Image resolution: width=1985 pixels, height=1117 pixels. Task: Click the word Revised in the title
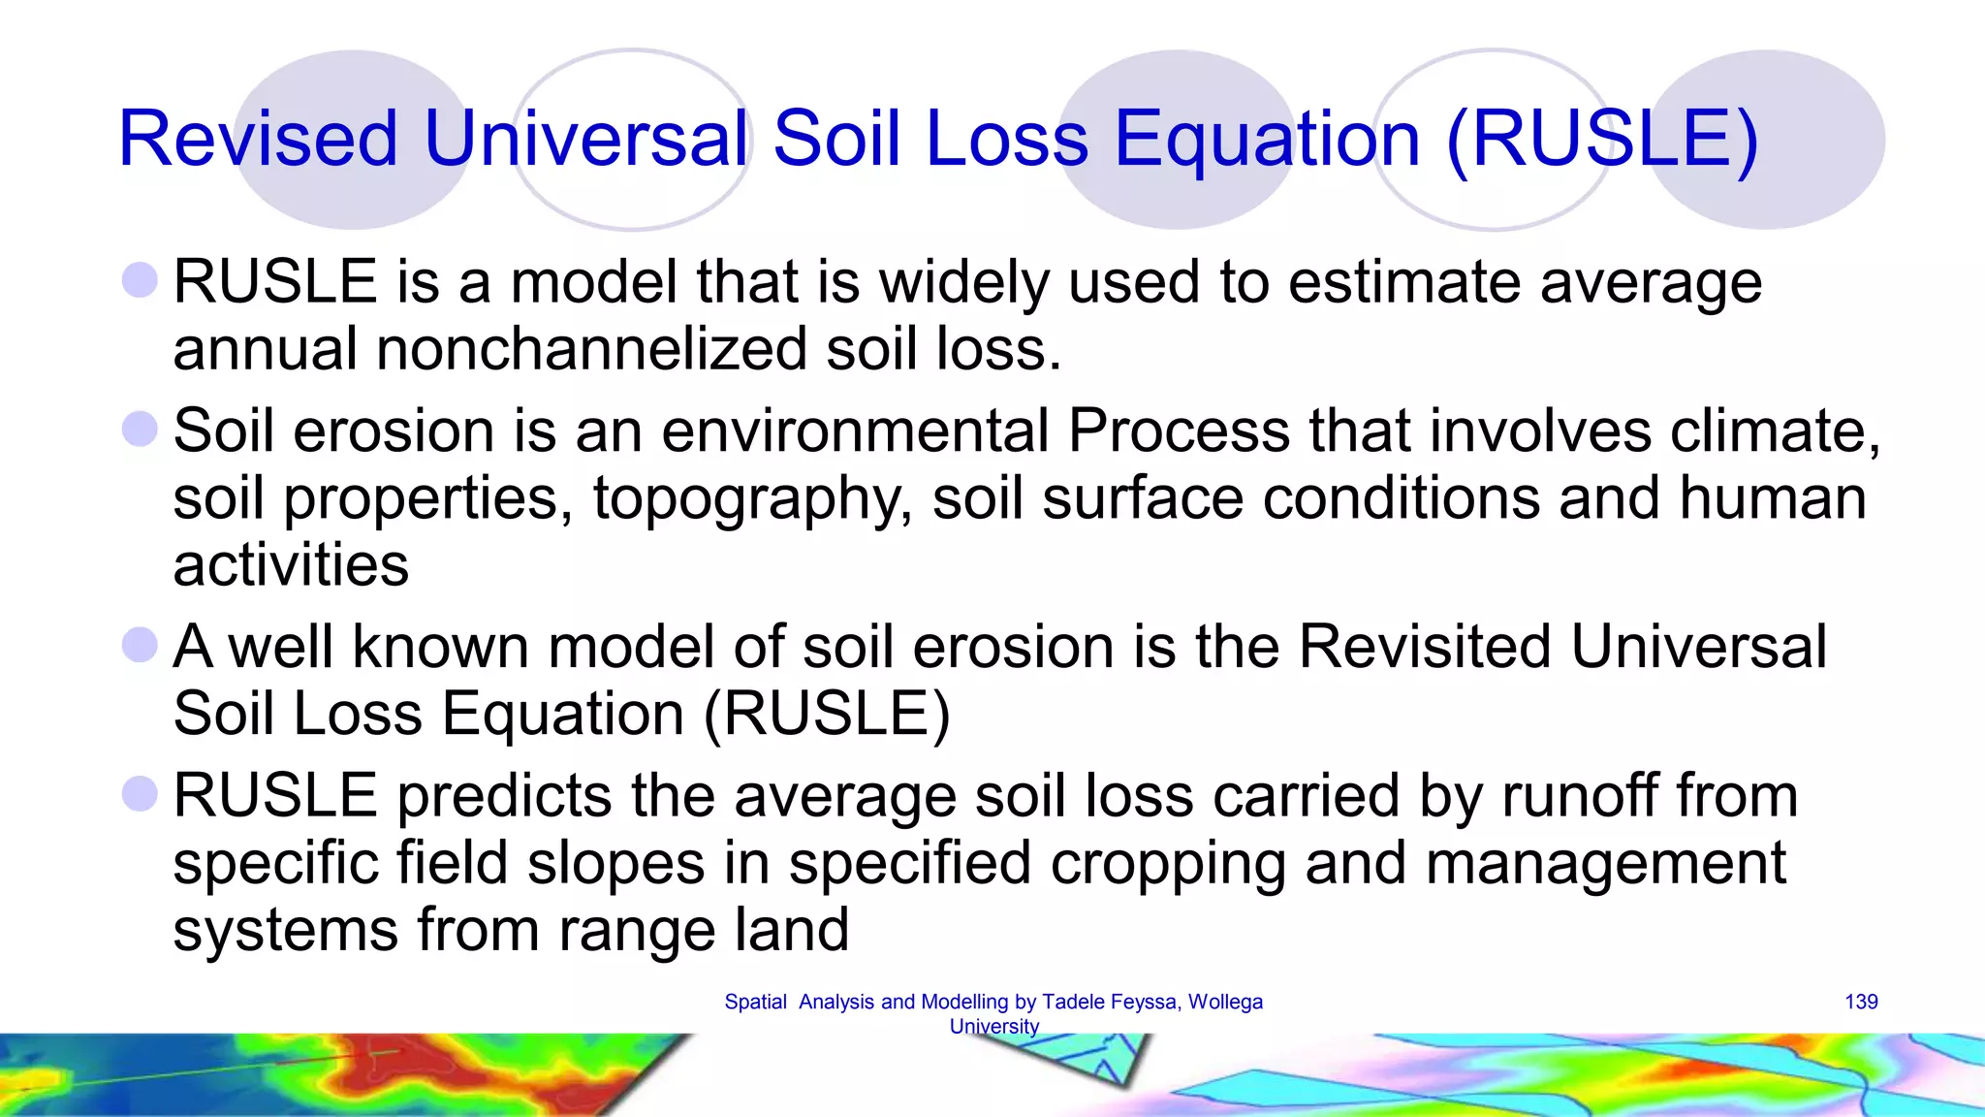(257, 139)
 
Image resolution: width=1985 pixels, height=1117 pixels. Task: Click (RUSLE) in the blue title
(1601, 139)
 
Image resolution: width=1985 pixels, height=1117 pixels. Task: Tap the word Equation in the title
(1267, 139)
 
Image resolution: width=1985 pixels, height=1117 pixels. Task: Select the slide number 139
(1861, 1002)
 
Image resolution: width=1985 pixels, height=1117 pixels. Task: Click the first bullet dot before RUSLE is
(141, 280)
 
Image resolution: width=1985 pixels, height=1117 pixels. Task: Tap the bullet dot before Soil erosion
(141, 429)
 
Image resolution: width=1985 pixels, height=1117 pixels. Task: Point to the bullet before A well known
(141, 645)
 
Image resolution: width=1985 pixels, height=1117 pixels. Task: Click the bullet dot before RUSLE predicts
(141, 794)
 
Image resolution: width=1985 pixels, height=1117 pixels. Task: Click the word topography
(752, 498)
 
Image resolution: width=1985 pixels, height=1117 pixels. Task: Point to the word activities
(291, 565)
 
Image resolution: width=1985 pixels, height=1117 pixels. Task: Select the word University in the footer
(993, 1026)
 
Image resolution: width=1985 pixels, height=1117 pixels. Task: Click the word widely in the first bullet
(963, 282)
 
